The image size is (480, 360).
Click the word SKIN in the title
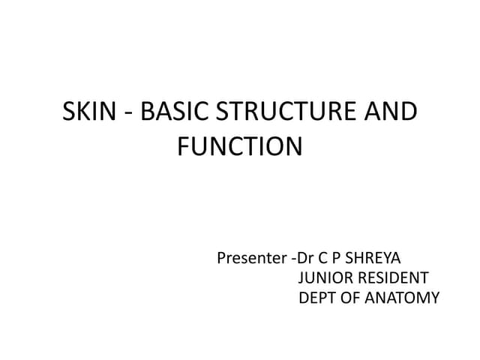coord(88,112)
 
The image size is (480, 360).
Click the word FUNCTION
coord(240,145)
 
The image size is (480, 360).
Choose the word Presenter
coord(250,259)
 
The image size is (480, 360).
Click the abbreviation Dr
coord(304,259)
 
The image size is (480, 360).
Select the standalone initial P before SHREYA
coord(334,259)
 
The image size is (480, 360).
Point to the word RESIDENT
coord(392,279)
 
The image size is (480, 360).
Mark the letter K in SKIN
coord(85,112)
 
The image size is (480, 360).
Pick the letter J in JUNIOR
coord(301,279)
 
